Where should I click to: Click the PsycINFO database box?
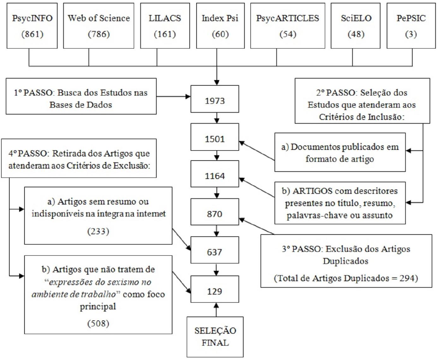(x=32, y=26)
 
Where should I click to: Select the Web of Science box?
(x=99, y=26)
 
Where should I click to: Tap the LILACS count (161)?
(x=165, y=34)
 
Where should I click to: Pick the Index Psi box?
(x=220, y=26)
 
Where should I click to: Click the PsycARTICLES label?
(x=287, y=18)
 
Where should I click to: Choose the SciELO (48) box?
(x=356, y=26)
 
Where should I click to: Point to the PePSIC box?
(x=411, y=26)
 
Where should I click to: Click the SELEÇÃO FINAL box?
(x=215, y=337)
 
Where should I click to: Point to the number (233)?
(x=98, y=231)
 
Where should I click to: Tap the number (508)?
(x=98, y=323)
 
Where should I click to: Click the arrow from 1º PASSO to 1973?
(x=173, y=96)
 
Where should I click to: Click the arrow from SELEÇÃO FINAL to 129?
(x=216, y=309)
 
